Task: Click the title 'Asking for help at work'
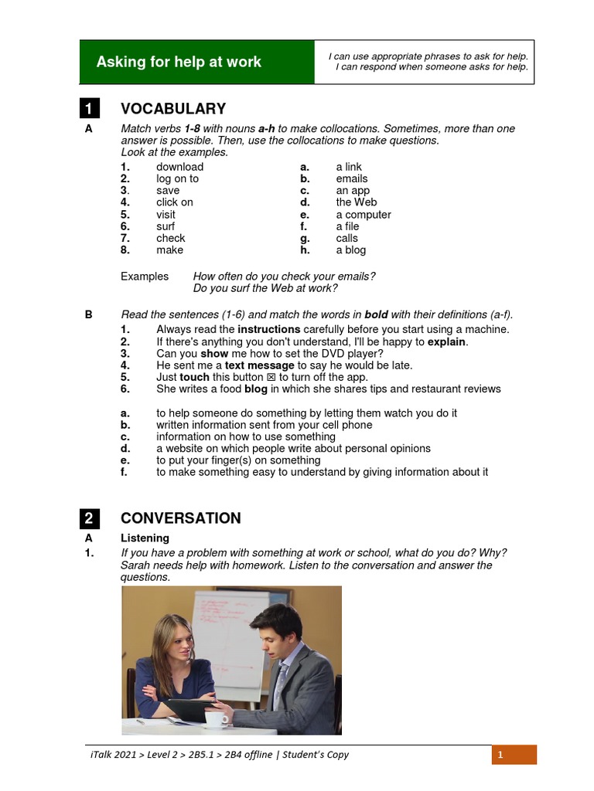tap(179, 62)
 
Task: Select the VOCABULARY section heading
tap(173, 109)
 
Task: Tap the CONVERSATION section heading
tap(180, 518)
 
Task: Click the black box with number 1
tap(90, 109)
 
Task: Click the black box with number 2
tap(90, 518)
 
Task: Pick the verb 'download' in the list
tap(179, 167)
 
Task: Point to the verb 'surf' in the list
tap(165, 226)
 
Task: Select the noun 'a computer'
tap(363, 215)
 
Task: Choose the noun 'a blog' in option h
tap(350, 250)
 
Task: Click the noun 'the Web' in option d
tap(356, 202)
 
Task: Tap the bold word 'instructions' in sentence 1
tap(268, 330)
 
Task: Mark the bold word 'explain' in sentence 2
tap(447, 341)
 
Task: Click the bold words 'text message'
tap(259, 365)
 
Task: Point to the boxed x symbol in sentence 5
tap(271, 378)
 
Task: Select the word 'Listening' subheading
tap(145, 538)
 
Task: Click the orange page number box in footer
tap(514, 755)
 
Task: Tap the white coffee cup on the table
tap(216, 718)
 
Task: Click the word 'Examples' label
tap(145, 277)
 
